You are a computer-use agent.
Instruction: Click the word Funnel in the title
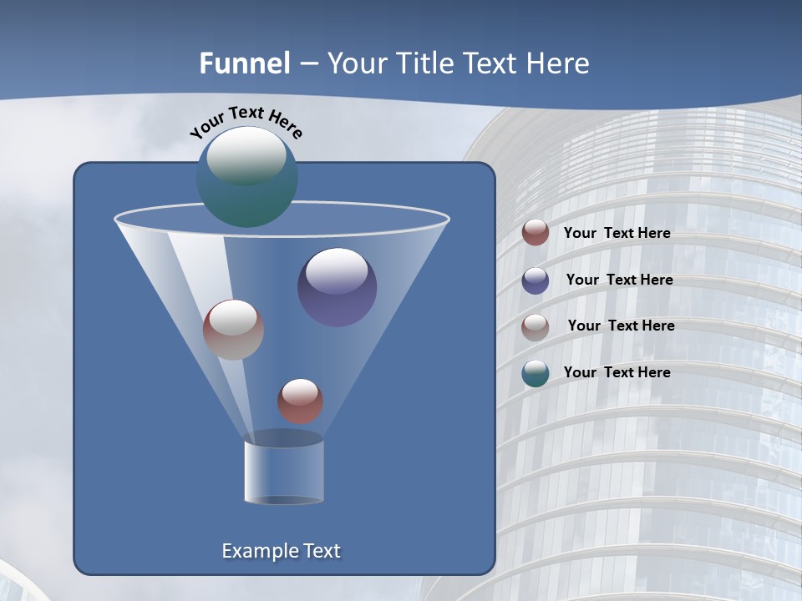244,63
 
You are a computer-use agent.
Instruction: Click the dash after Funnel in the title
307,64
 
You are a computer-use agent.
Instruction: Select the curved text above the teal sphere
246,123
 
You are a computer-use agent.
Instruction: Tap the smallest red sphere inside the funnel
300,402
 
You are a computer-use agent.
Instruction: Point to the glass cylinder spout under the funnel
283,472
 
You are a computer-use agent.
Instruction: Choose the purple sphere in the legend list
536,280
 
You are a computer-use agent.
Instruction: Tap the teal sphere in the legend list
536,373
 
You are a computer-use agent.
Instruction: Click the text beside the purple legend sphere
619,280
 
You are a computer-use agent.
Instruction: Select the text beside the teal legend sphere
617,372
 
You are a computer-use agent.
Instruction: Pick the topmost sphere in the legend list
536,233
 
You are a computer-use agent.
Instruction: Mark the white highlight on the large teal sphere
246,155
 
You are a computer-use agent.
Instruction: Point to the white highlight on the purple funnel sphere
337,270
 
